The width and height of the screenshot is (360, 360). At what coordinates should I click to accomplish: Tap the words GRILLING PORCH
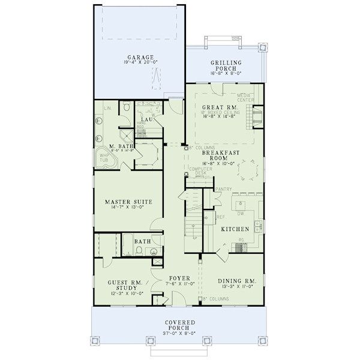[226, 65]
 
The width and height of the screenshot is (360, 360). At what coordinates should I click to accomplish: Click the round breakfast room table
[247, 173]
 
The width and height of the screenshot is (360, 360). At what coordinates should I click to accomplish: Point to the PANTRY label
[223, 189]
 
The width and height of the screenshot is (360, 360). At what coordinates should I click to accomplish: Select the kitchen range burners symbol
[241, 245]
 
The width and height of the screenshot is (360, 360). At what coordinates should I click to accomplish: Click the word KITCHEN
[235, 230]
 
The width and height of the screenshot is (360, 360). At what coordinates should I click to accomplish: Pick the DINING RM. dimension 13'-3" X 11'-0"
[237, 287]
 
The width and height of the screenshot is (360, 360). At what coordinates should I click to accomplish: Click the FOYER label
[179, 278]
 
